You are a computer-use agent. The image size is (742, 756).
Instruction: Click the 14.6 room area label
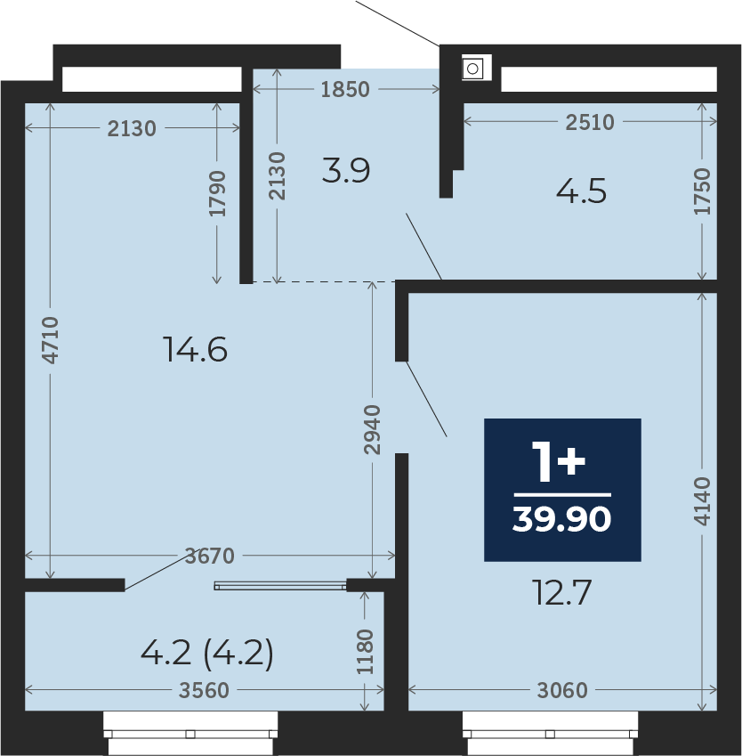coord(195,349)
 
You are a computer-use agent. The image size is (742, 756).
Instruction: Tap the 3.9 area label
coord(346,170)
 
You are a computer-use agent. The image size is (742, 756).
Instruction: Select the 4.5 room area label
coord(581,191)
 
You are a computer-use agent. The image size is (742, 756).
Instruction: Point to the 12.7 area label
coord(561,592)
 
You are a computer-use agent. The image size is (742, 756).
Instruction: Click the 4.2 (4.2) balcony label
coord(207,653)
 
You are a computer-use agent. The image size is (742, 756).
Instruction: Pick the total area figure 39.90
coord(561,519)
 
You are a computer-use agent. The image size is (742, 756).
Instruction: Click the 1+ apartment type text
coord(559,462)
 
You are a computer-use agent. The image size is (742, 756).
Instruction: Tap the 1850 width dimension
coord(345,89)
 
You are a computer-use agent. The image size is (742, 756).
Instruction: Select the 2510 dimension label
coord(590,123)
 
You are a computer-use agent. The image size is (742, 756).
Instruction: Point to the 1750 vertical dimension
coord(702,191)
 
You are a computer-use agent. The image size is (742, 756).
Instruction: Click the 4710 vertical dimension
coord(50,340)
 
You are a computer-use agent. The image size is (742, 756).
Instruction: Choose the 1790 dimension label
coord(217,193)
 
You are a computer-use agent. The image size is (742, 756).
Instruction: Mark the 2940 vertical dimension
coord(372,429)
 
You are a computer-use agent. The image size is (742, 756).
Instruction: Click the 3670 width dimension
coord(210,556)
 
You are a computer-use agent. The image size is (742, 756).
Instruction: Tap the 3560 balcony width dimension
coord(204,690)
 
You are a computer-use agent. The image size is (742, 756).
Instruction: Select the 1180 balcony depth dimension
coord(365,652)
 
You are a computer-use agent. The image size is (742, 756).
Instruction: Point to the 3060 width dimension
coord(562,690)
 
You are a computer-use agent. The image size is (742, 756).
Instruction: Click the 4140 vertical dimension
coord(702,501)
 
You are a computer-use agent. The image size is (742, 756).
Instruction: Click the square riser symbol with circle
coord(472,69)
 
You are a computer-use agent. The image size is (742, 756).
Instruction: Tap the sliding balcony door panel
coord(280,586)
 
